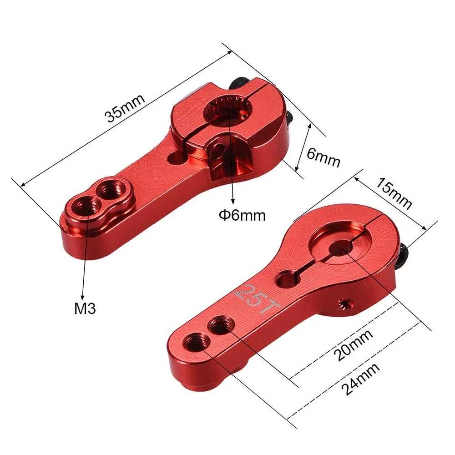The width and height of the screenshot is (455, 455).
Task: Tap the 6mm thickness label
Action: tap(324, 157)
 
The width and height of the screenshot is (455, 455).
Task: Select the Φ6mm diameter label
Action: tap(241, 215)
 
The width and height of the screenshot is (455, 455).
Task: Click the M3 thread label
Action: tap(85, 309)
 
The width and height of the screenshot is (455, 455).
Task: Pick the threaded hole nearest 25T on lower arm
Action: tap(222, 325)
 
